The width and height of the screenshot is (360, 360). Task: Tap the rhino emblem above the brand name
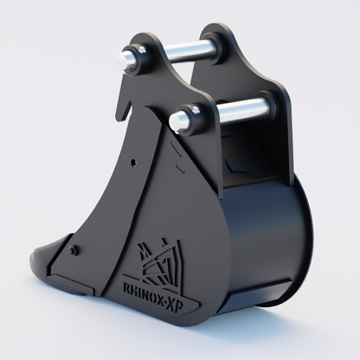coord(159,255)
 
